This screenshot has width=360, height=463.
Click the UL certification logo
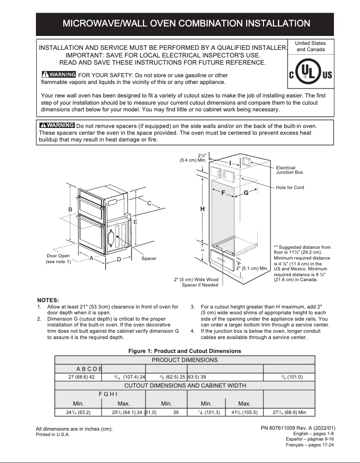point(311,74)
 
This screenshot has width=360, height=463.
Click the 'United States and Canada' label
point(311,46)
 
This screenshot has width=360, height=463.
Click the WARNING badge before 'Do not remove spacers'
point(57,125)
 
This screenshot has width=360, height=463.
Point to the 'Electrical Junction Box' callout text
point(290,170)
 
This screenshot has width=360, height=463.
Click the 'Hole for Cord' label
point(290,187)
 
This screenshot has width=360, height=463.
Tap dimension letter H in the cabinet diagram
point(202,209)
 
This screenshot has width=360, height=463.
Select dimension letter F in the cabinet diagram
point(223,193)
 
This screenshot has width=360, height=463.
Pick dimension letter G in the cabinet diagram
point(246,193)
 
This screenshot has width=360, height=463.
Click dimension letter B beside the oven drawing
point(70,210)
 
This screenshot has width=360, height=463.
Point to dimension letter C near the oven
point(149,203)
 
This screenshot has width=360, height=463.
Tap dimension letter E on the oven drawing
point(135,222)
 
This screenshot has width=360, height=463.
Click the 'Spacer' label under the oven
point(149,259)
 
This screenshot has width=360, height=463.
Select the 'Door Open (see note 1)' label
point(58,259)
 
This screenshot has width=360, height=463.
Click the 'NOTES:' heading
point(48,300)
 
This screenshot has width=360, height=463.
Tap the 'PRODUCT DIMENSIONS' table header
point(184,360)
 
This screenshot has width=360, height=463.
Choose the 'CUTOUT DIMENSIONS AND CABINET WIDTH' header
point(184,385)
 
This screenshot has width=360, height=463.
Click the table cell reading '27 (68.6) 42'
point(81,377)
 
